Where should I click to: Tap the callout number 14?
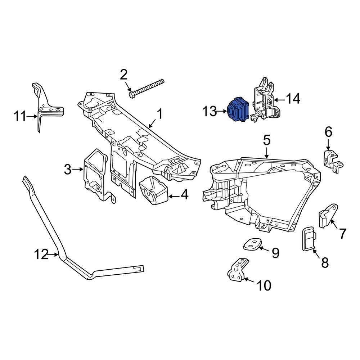(x=293, y=99)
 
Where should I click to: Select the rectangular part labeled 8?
(x=308, y=238)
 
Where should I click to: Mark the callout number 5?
(x=266, y=140)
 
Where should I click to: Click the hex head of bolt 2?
(x=132, y=95)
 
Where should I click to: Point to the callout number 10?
(x=264, y=285)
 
